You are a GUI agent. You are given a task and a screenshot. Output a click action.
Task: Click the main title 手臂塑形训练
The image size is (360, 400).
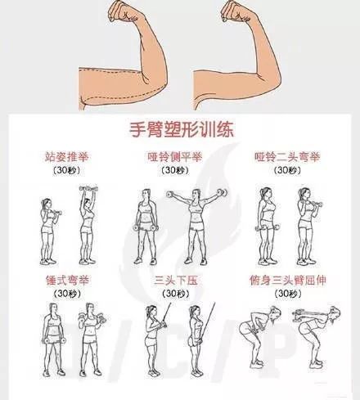182,129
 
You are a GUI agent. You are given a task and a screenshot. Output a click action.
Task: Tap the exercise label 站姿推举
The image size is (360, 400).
67,157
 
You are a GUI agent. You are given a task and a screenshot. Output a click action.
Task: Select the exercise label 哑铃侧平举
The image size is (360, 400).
175,157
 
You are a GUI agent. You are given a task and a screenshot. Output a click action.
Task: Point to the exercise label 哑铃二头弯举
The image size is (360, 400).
287,157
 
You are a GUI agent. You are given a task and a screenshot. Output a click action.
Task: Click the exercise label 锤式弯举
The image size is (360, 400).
67,280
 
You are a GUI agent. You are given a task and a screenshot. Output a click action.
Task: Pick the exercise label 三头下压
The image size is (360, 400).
176,280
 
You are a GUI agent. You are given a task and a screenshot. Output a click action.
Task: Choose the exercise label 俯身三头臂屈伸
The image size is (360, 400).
288,280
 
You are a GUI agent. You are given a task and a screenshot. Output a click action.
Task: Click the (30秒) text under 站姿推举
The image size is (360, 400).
67,170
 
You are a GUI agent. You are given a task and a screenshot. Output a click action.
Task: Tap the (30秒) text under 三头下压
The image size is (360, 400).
176,294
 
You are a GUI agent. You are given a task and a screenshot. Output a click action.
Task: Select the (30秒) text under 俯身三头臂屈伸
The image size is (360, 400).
288,294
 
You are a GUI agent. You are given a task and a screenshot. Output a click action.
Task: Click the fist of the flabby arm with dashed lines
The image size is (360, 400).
124,12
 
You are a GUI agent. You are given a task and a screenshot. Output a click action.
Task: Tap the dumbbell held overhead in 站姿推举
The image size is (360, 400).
88,189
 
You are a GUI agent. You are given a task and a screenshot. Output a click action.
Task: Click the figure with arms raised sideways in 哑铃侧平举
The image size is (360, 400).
196,227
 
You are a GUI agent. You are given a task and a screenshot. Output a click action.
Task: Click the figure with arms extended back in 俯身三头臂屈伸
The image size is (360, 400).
317,337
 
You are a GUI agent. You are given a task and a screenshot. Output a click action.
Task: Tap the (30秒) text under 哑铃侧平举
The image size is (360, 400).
175,170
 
